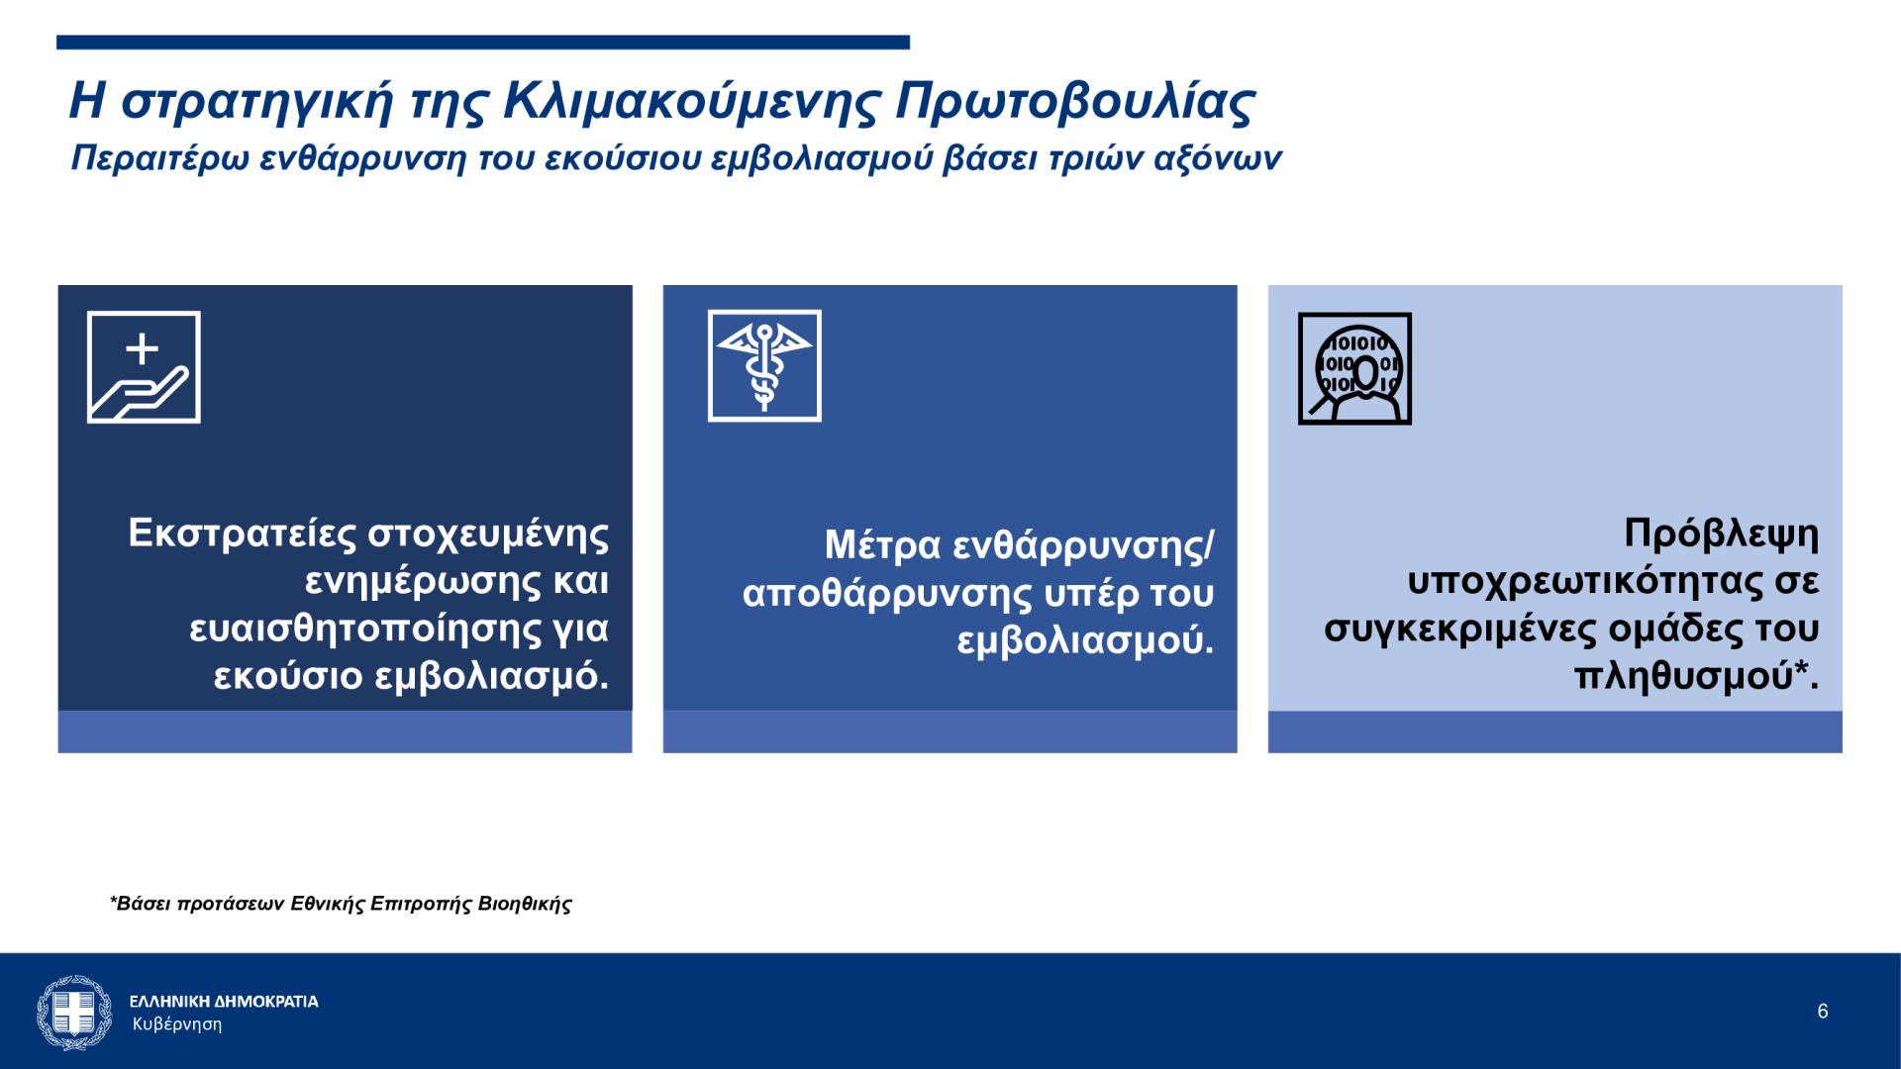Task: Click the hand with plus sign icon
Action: [x=144, y=367]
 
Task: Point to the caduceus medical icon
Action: [x=764, y=366]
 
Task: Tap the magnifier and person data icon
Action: [x=1354, y=368]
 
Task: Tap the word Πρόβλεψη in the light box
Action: [x=1722, y=534]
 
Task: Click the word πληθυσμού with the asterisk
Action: [x=1696, y=677]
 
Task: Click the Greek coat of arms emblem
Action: [x=74, y=1012]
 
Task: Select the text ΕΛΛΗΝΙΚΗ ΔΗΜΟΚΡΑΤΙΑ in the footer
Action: [x=224, y=1002]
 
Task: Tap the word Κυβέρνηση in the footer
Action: [x=177, y=1024]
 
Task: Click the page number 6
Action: [x=1823, y=1012]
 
